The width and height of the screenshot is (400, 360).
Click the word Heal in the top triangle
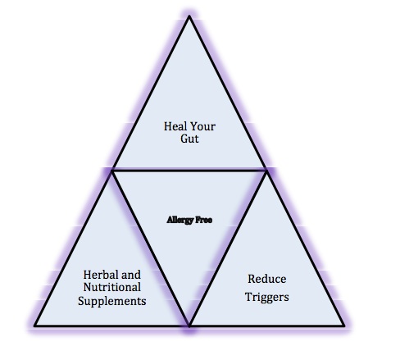tap(175, 126)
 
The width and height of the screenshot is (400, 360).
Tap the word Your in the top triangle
tap(202, 126)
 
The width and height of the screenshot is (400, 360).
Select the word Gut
tap(189, 139)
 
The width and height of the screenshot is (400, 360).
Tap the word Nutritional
tap(112, 287)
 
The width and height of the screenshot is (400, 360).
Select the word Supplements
tap(112, 301)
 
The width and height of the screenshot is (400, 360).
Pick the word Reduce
tap(267, 279)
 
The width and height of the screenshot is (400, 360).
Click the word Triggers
tap(267, 297)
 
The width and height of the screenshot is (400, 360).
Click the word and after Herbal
tap(131, 275)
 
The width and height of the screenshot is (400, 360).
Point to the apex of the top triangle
tap(189, 16)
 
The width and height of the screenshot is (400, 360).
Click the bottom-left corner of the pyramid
tap(34, 326)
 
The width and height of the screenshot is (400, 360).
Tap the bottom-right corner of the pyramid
tap(344, 326)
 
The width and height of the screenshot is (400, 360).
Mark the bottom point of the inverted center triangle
tap(189, 326)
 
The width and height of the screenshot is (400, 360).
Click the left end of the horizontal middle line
tap(112, 171)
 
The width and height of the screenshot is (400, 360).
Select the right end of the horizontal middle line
tap(266, 171)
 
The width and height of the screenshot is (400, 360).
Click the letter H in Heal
tap(167, 126)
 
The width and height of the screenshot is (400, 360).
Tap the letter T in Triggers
tap(248, 297)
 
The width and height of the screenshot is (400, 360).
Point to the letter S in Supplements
tap(81, 301)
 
